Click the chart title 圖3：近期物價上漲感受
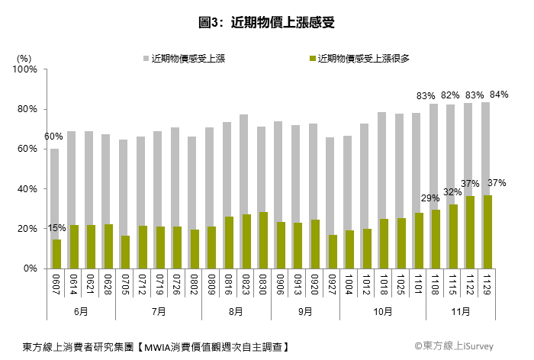(x=267, y=22)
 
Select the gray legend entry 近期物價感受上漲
(x=185, y=59)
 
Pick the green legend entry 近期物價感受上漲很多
(x=359, y=59)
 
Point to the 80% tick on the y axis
(x=27, y=109)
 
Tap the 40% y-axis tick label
(x=27, y=188)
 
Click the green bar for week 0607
(x=57, y=254)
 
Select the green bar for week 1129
(x=487, y=232)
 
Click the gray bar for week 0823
(x=243, y=165)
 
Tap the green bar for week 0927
(x=333, y=252)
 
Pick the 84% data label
(x=499, y=95)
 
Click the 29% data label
(x=430, y=198)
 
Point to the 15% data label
(x=56, y=228)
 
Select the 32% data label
(x=452, y=192)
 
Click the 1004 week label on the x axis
(x=349, y=284)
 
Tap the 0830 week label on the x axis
(x=262, y=284)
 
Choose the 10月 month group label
(x=383, y=311)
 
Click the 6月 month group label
(x=81, y=311)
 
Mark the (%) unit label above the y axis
(x=24, y=59)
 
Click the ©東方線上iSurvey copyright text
(x=454, y=346)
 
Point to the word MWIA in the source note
(x=158, y=347)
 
